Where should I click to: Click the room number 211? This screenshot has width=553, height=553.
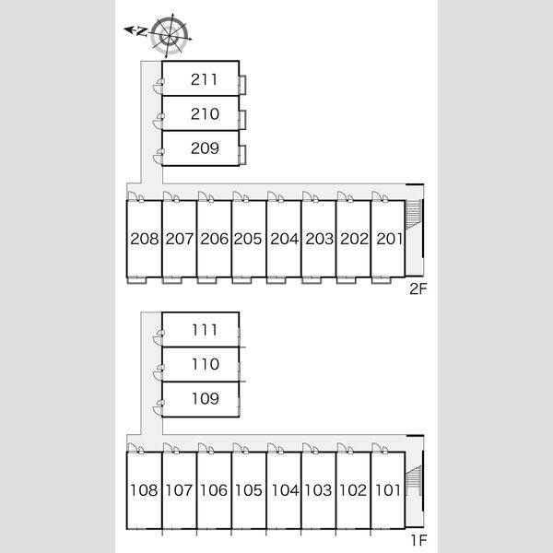(204, 79)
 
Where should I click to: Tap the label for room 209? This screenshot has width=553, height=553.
(205, 147)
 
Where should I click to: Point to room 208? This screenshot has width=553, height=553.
(145, 239)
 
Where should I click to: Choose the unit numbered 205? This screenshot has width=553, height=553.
(248, 239)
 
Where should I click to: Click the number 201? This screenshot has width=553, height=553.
(389, 239)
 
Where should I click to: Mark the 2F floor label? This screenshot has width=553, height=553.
(418, 288)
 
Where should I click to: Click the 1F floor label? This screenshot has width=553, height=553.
(419, 540)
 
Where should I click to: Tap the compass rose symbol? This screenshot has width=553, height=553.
(170, 35)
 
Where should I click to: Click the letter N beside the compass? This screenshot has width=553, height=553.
(141, 31)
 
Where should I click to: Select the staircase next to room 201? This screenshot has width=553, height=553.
(413, 215)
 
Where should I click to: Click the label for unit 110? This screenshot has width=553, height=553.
(206, 364)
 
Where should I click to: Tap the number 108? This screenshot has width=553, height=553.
(144, 490)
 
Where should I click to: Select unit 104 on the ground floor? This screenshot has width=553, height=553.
(285, 490)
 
